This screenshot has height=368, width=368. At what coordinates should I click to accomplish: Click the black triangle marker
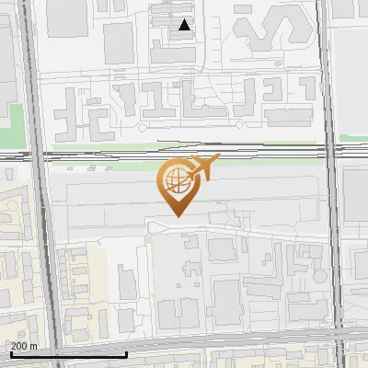coord(185,25)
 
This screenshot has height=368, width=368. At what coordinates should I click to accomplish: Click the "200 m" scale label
coord(25,346)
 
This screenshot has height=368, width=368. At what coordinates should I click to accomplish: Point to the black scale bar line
coord(68,354)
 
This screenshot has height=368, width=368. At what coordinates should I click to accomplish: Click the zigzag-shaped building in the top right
coord(267,33)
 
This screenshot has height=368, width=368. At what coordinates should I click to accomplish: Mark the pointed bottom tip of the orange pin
coord(176,216)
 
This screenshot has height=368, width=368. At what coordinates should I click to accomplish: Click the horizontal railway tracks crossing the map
coord(110,156)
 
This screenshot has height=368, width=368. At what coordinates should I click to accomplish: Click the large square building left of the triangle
coord(119,42)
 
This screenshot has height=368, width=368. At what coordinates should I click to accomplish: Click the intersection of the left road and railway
coord(34,156)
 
